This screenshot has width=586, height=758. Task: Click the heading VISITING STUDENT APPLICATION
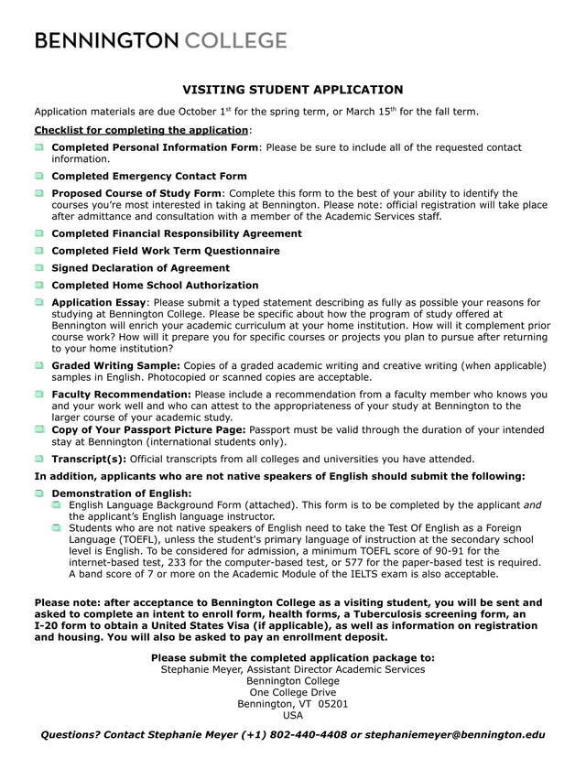pos(293,90)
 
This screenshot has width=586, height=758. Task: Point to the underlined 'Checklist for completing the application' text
pos(141,130)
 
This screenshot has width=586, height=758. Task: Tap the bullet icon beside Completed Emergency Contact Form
pos(39,176)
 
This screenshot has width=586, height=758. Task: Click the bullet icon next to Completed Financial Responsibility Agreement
pos(39,233)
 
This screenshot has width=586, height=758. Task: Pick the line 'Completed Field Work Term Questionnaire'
pos(166,251)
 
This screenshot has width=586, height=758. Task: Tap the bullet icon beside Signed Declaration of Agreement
pos(39,268)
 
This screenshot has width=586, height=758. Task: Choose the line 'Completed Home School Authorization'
pos(155,286)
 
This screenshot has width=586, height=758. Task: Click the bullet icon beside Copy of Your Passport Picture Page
pos(39,429)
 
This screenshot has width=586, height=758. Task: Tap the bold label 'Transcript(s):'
pos(89,459)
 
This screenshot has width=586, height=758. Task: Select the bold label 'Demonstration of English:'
pos(122,493)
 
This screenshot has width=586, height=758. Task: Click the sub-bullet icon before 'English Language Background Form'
pos(57,505)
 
